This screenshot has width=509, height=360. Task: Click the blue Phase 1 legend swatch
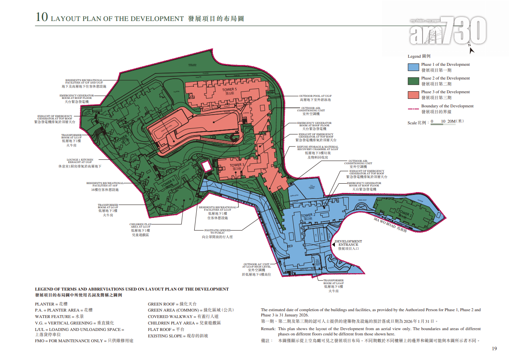(x=413, y=67)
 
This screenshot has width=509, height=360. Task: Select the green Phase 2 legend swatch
(x=413, y=81)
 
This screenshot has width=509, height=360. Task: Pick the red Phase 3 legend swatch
(x=413, y=95)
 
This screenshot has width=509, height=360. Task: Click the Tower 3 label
(x=237, y=165)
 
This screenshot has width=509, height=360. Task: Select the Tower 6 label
(x=168, y=183)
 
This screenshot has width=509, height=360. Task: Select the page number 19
(x=494, y=349)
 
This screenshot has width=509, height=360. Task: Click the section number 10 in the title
(x=42, y=18)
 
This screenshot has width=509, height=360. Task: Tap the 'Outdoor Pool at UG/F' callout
(x=315, y=98)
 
